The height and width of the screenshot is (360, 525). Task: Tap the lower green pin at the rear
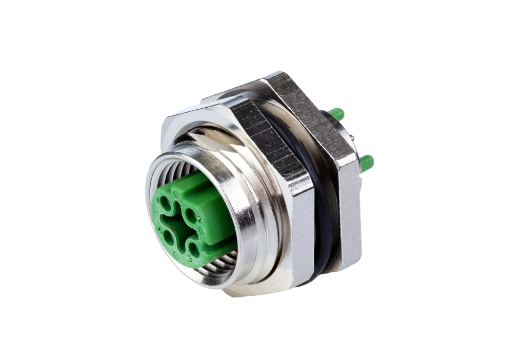tap(367, 163)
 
